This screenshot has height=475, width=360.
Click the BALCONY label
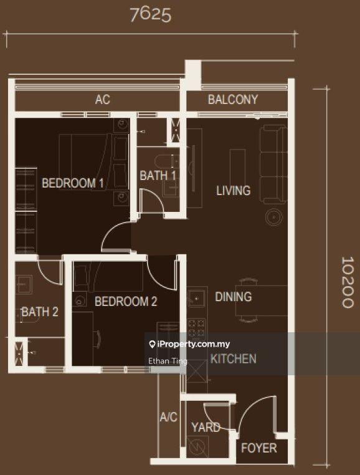tap(232, 100)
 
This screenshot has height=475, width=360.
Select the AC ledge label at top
tap(102, 100)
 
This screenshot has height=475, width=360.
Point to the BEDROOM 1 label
tap(72, 183)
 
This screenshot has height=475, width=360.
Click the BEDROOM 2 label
tap(125, 302)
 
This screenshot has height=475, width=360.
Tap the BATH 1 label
tap(158, 176)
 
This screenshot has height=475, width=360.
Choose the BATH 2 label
tap(39, 312)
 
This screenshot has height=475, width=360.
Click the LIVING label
tap(233, 191)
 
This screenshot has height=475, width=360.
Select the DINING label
tap(233, 297)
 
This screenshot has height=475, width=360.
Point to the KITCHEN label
tap(233, 358)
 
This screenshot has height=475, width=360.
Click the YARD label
tap(206, 427)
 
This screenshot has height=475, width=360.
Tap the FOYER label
tap(258, 448)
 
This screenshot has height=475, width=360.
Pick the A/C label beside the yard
tap(168, 417)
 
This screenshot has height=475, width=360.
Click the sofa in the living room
tap(273, 164)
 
